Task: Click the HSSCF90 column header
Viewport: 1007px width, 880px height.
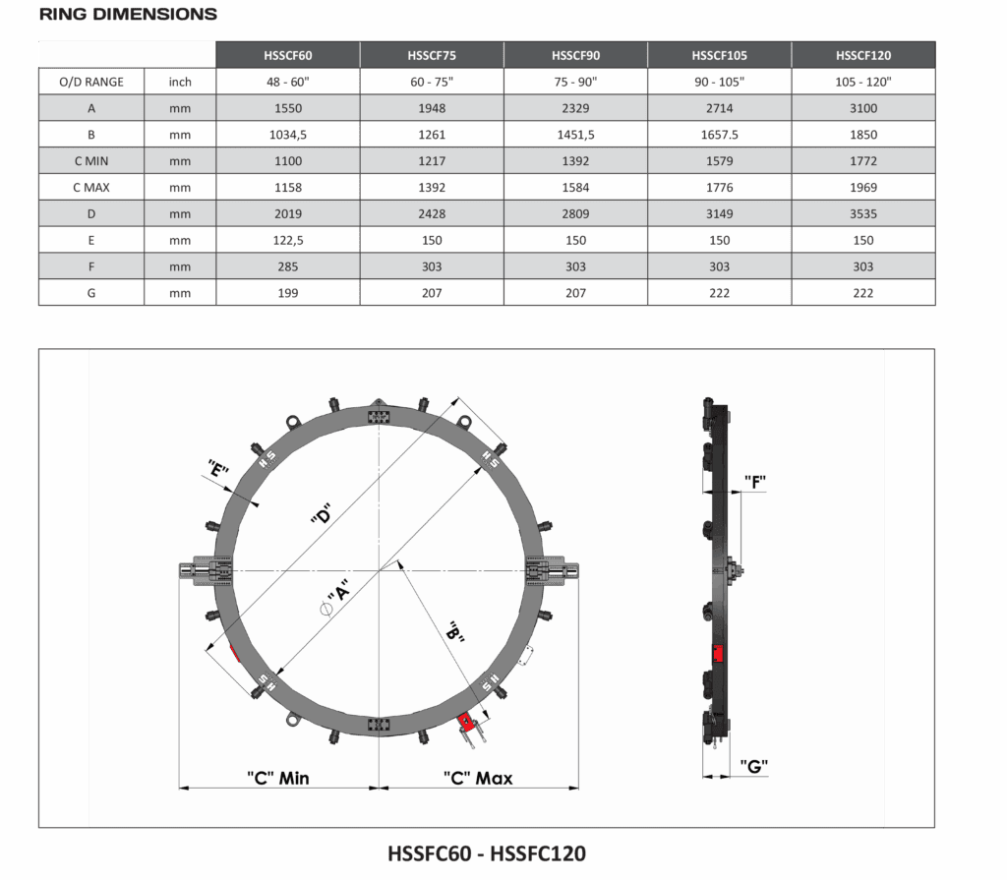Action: point(575,55)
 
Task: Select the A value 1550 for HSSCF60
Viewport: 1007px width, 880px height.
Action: point(288,108)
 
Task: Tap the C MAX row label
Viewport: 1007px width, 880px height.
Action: point(91,188)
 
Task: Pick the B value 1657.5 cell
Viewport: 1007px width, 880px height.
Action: point(719,135)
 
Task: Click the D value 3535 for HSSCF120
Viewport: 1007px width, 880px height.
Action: point(863,214)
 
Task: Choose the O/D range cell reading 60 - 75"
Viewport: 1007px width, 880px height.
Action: point(432,83)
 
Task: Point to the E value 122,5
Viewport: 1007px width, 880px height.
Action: point(288,240)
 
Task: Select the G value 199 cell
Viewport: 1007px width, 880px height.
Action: point(288,293)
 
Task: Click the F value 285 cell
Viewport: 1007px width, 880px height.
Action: point(288,266)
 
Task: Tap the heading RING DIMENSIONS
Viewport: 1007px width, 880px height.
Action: point(129,14)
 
